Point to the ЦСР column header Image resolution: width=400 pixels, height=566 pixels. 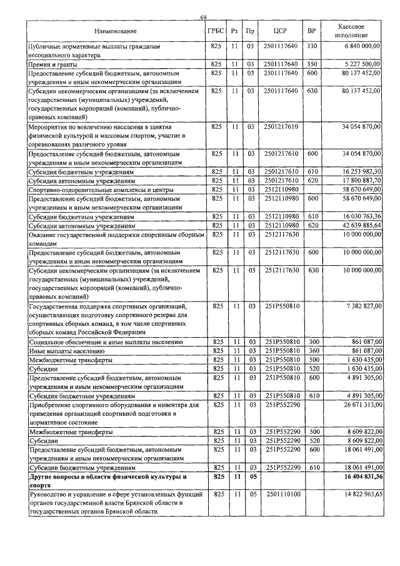(280, 31)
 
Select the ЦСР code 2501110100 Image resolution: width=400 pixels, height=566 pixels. (280, 494)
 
